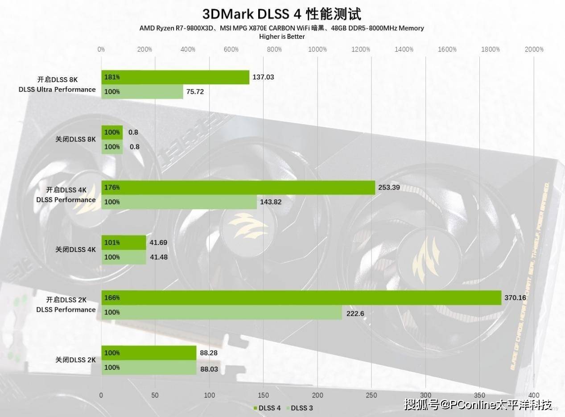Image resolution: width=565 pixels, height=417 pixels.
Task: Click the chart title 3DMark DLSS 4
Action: click(281, 14)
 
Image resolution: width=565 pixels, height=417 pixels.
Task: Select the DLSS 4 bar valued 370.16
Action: click(301, 297)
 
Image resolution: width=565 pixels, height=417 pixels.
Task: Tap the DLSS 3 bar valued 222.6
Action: click(222, 312)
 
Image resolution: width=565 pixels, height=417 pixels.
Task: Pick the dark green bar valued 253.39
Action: click(238, 187)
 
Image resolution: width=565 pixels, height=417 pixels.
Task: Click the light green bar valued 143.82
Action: click(179, 202)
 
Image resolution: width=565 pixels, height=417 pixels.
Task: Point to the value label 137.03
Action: click(263, 77)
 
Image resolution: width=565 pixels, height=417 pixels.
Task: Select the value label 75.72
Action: click(195, 92)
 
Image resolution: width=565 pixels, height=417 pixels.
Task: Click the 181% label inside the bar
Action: click(112, 77)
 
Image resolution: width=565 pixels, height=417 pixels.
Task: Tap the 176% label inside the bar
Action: click(112, 187)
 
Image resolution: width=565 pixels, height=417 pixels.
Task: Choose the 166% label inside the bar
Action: click(112, 297)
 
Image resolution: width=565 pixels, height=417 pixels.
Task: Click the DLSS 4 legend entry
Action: click(267, 408)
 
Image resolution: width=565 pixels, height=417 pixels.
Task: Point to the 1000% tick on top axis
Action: click(318, 50)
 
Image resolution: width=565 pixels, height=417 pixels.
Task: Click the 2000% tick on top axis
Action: click(534, 50)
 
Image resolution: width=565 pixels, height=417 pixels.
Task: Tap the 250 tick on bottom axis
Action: click(371, 395)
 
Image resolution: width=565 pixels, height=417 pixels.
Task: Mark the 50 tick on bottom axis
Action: click(155, 395)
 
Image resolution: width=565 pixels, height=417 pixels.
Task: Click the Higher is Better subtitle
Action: click(282, 37)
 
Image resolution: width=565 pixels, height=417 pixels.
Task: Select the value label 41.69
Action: click(158, 242)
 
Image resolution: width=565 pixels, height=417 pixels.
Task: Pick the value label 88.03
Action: click(209, 367)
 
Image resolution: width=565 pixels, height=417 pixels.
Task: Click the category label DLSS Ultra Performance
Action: click(57, 89)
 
